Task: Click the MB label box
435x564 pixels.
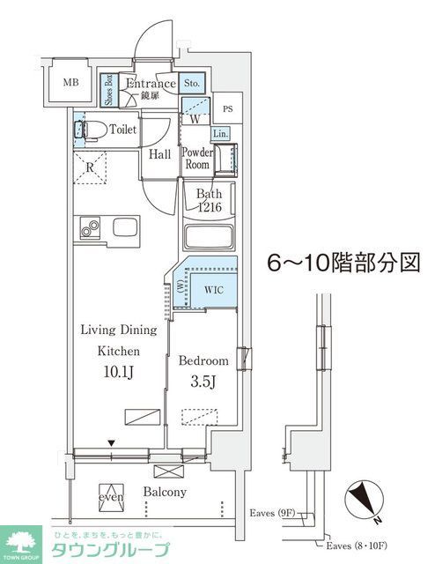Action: (70, 84)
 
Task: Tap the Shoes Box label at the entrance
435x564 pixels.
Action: (108, 89)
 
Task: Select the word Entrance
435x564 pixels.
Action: (151, 84)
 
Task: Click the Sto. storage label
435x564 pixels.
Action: (193, 85)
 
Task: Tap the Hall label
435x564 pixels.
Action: (159, 154)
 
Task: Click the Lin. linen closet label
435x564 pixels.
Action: (220, 133)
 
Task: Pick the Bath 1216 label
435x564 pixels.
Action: (208, 200)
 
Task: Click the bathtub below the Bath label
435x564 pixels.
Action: (210, 238)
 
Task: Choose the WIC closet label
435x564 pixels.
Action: (214, 288)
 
